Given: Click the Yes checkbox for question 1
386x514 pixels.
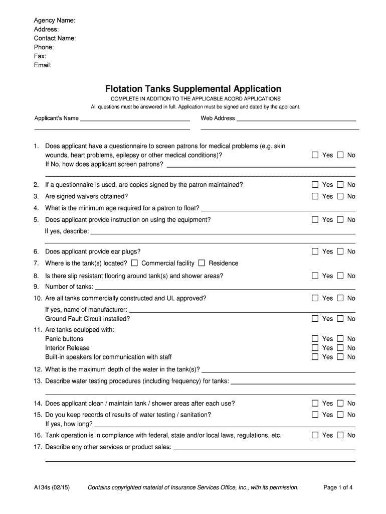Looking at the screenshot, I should (315, 155).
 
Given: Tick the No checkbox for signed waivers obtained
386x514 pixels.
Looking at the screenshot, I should (340, 196).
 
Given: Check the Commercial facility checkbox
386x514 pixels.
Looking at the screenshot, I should (134, 263).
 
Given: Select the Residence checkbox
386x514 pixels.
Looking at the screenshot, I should (202, 263).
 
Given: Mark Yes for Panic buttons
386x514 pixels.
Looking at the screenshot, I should (315, 339).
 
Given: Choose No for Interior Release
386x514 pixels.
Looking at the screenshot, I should (340, 348).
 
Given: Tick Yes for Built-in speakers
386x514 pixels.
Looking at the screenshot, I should (315, 357).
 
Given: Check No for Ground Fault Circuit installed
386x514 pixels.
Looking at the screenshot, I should (340, 319).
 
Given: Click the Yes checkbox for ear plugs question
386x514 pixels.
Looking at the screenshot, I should (315, 251).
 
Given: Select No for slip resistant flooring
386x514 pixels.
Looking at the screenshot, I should (340, 276).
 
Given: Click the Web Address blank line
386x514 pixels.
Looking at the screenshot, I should (296, 120).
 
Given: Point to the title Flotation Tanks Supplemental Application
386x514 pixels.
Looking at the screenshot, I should (193, 89).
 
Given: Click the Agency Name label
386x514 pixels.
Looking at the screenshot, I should (54, 21).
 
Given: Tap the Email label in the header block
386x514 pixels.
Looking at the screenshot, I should (43, 65).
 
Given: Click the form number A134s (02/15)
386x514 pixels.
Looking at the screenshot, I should (52, 487).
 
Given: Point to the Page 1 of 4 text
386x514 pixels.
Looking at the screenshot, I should (338, 487).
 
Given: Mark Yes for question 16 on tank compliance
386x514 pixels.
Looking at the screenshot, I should (315, 435).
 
